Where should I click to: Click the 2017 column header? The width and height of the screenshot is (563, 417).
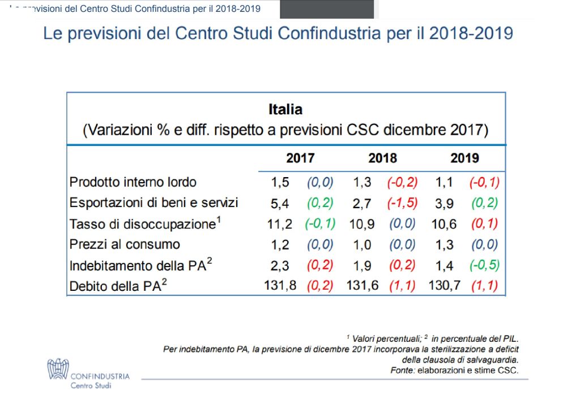pyautogui.click(x=300, y=158)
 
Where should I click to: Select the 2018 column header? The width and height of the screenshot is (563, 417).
pyautogui.click(x=382, y=158)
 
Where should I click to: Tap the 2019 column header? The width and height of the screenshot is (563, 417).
pyautogui.click(x=464, y=158)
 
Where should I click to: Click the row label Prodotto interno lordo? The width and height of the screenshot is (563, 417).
pyautogui.click(x=133, y=182)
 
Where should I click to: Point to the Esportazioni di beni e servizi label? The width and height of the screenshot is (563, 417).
pyautogui.click(x=153, y=203)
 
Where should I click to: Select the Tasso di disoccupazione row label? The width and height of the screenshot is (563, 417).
pyautogui.click(x=144, y=223)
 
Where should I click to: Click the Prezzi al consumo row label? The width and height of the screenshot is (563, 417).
pyautogui.click(x=125, y=244)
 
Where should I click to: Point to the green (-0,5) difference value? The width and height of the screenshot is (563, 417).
pyautogui.click(x=484, y=265)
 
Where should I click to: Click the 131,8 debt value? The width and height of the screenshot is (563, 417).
pyautogui.click(x=280, y=286)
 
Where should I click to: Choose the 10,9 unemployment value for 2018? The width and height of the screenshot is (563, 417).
pyautogui.click(x=361, y=224)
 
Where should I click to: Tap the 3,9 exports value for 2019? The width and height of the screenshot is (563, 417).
pyautogui.click(x=445, y=203)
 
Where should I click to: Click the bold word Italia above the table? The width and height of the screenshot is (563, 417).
pyautogui.click(x=285, y=109)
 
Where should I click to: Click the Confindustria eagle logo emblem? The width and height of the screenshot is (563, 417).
pyautogui.click(x=57, y=368)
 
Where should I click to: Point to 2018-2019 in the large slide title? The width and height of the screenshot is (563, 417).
pyautogui.click(x=471, y=33)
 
